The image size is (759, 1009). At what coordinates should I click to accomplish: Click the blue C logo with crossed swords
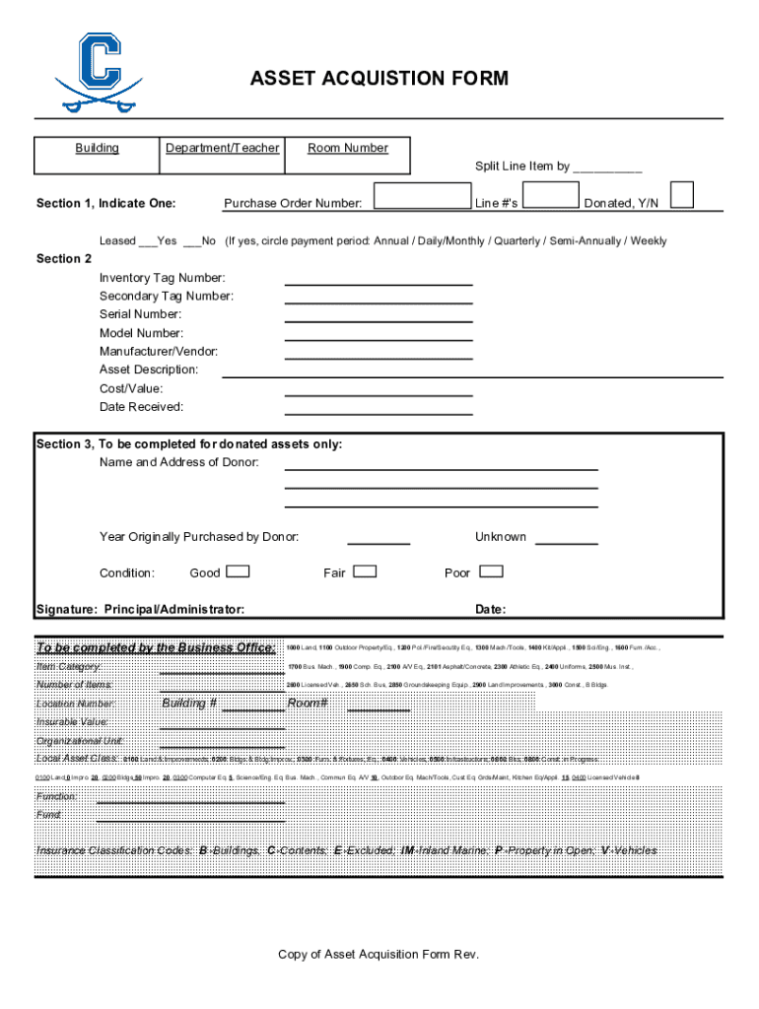click(88, 71)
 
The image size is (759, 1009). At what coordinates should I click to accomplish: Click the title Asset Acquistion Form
click(379, 78)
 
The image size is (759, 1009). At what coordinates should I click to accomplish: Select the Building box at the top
click(97, 155)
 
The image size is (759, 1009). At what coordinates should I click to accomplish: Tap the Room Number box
click(348, 155)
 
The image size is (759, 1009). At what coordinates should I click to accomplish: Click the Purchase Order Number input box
click(421, 195)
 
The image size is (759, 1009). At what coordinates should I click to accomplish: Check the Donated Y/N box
click(681, 194)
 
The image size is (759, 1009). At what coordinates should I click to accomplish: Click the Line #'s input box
click(551, 195)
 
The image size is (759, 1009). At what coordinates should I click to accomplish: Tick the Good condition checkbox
click(238, 572)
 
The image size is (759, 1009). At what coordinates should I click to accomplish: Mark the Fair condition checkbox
click(365, 572)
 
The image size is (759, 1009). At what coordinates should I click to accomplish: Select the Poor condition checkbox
click(490, 572)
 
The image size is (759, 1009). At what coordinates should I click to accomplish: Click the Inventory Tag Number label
click(162, 278)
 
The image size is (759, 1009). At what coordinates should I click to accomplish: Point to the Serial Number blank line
click(379, 320)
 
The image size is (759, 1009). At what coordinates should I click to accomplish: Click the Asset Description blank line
click(473, 375)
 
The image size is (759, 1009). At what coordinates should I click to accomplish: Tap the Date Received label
click(141, 406)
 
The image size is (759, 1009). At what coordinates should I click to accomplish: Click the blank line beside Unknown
click(566, 543)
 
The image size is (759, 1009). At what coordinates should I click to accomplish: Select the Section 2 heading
click(64, 258)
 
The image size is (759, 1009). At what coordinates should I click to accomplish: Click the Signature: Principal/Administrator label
click(140, 610)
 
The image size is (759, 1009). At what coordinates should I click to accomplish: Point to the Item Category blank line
click(222, 672)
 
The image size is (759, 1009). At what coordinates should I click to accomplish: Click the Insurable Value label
click(72, 722)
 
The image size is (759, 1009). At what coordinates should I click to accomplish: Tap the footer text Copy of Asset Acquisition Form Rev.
click(379, 954)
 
